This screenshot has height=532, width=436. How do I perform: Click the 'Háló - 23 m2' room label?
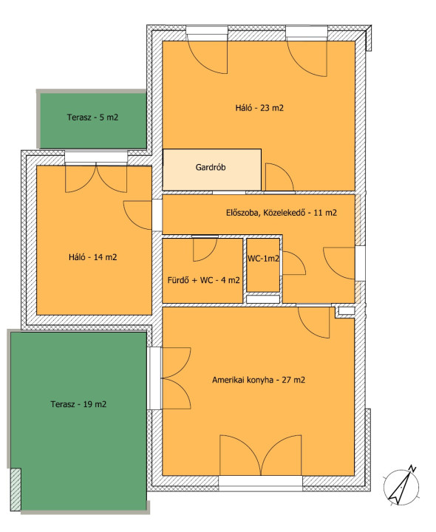259,108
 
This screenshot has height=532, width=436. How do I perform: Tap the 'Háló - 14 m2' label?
92,257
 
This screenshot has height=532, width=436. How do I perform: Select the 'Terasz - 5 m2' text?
92,117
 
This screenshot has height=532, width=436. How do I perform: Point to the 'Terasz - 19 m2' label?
78,404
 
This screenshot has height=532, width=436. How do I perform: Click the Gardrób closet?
212,170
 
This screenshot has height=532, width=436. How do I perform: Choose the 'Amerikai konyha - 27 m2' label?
259,380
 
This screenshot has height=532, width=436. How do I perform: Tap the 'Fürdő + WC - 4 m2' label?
203,280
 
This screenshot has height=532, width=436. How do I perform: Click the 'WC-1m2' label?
263,259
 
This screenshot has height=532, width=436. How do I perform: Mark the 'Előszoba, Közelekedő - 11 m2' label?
282,213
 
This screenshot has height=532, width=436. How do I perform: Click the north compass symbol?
402,486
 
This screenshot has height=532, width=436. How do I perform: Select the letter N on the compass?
412,468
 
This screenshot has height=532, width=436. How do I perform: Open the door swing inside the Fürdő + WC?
205,250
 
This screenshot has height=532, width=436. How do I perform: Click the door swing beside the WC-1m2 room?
294,263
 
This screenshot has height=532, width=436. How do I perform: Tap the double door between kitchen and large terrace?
177,378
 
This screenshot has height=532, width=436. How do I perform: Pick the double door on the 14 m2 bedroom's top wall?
96,178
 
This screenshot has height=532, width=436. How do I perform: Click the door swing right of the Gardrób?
279,177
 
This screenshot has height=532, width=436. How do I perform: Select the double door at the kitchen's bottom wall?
261,455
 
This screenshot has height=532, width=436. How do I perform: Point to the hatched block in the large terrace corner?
16,490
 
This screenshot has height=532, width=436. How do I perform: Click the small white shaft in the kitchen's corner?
347,310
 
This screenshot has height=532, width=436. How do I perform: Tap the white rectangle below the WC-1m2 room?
263,299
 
